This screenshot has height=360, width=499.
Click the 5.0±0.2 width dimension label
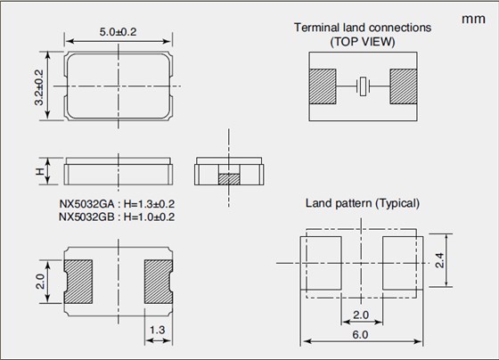tap(118, 32)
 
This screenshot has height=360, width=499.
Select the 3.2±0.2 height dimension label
tap(39, 87)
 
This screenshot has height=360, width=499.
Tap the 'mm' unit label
tap(473, 19)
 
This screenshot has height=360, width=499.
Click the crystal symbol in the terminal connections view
tap(363, 86)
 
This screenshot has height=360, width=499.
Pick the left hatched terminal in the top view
tap(323, 86)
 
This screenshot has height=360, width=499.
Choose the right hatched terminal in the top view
tap(403, 86)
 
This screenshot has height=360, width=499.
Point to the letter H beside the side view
tap(40, 172)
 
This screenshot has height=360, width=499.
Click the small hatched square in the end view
tap(229, 179)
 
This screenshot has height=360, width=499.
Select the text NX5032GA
tap(86, 204)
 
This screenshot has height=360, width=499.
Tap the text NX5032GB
tap(86, 217)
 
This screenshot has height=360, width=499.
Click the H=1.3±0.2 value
tap(149, 204)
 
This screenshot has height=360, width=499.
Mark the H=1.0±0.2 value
tap(149, 217)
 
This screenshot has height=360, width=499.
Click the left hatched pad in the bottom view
tap(78, 282)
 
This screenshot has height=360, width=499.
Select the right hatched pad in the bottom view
tap(159, 282)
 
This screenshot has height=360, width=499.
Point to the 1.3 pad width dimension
tap(158, 330)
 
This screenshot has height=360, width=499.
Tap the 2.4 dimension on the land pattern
tap(439, 260)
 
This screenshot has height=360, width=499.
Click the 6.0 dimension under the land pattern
tap(360, 334)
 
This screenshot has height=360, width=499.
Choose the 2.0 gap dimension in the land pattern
tap(361, 315)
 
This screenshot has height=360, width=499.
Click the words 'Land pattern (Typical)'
tap(363, 203)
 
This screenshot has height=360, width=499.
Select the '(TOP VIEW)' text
tap(363, 42)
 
